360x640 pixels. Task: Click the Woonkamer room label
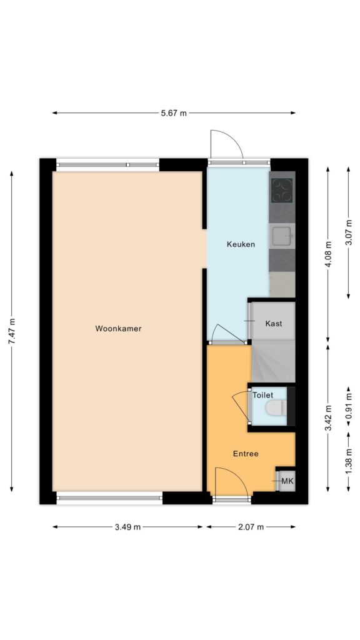coord(118,328)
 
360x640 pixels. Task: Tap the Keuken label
coord(241,244)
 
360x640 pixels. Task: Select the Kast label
coord(273,324)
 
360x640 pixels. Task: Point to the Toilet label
coord(262,396)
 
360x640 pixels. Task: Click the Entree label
coord(246,454)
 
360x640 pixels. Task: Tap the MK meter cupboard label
coord(287,481)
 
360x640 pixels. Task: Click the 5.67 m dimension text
coord(174,113)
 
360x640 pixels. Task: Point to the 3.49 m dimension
coord(127,527)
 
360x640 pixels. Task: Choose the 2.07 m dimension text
coord(251,527)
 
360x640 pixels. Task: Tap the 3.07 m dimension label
coord(349,232)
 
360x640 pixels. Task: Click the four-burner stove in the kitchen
coord(282,190)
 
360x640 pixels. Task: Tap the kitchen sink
coord(282,236)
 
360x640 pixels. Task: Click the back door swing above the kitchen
coord(226,146)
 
